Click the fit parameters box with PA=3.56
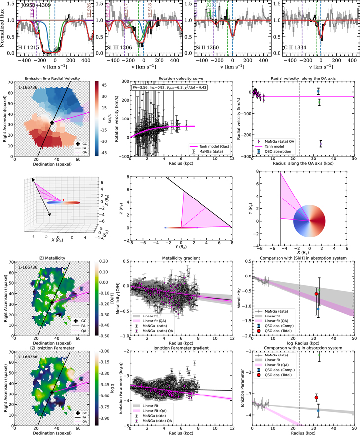pos(169,87)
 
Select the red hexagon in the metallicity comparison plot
pos(316,294)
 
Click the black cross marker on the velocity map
pos(51,122)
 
